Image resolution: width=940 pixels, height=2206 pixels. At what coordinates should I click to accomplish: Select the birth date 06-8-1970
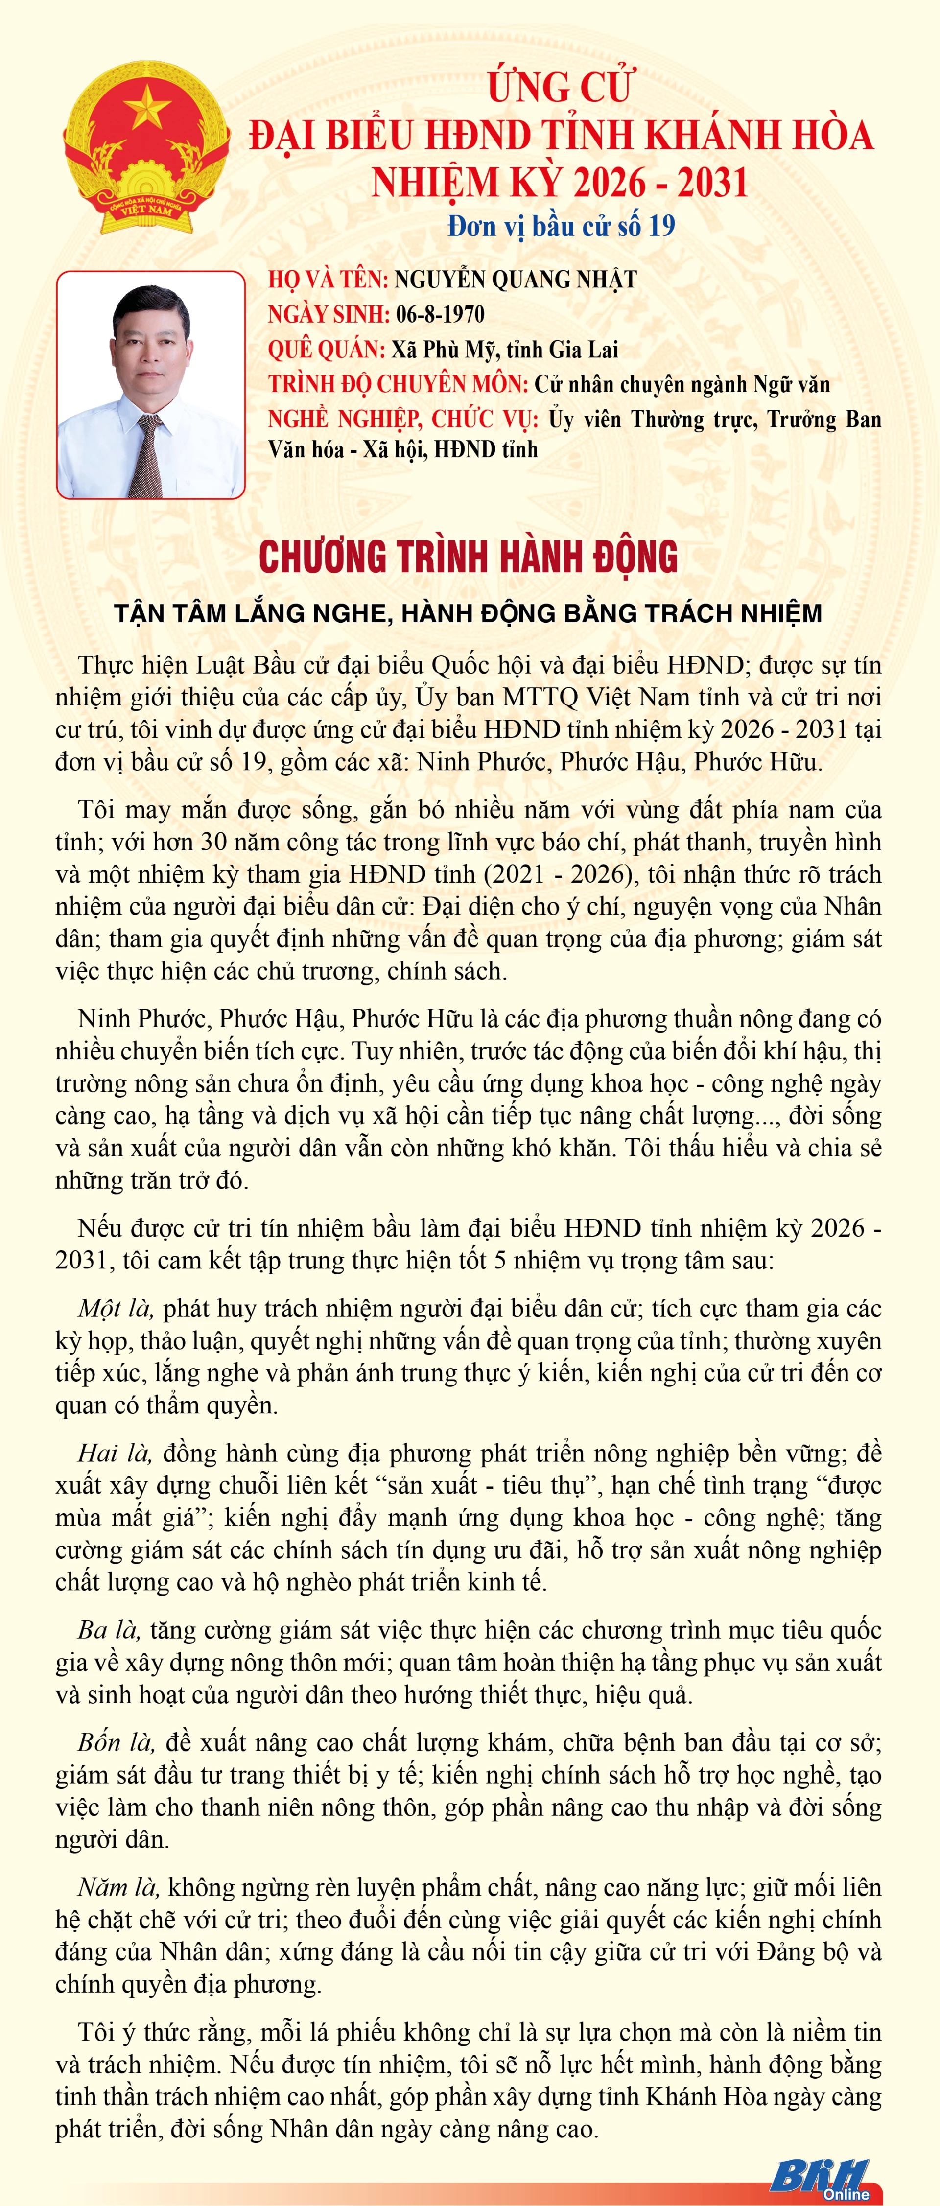[x=440, y=314]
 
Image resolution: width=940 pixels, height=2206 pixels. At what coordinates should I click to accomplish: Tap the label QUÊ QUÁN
[x=326, y=350]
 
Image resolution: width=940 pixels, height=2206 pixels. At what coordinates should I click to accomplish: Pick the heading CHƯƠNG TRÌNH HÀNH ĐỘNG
[x=469, y=557]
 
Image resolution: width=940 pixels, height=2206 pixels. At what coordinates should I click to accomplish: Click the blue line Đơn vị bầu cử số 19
[x=561, y=226]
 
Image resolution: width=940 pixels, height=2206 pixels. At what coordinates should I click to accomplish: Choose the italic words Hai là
[x=115, y=1453]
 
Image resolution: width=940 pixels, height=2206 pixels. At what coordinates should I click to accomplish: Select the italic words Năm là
[x=118, y=1887]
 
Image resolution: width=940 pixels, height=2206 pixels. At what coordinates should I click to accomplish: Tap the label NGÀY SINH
[x=329, y=314]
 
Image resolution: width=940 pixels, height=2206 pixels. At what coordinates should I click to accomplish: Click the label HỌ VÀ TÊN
[x=329, y=279]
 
